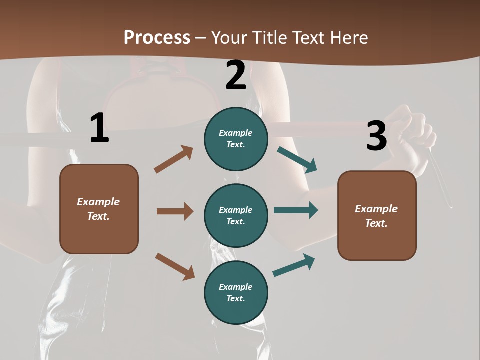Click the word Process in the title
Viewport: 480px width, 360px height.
157,37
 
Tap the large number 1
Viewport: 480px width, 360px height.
99,128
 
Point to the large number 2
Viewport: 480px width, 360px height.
236,75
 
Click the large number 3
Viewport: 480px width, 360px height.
376,136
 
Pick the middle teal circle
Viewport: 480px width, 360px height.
236,215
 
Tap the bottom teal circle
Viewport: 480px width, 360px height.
236,292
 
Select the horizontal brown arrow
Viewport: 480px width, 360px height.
175,211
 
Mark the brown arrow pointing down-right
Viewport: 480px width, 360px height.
175,266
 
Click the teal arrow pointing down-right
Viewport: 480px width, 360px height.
297,160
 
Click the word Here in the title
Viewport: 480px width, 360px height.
349,37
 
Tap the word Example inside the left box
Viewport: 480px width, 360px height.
98,202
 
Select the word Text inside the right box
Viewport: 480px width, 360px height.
376,223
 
